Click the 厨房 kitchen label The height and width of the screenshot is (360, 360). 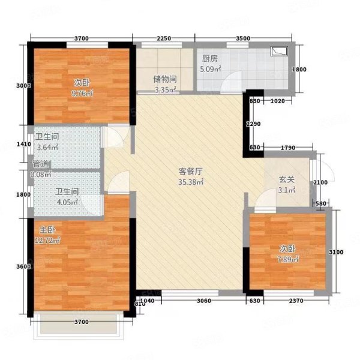209,59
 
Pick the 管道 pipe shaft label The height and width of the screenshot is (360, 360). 41,164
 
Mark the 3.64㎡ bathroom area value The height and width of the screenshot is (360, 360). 47,146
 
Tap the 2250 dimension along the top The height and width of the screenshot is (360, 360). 164,38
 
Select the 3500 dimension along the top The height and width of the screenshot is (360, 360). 242,38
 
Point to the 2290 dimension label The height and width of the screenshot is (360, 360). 254,124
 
